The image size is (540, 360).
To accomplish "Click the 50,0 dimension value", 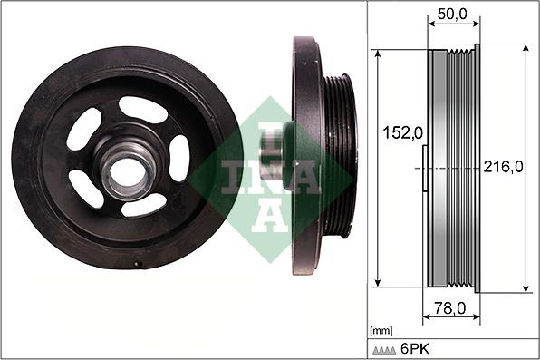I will tap(449, 15).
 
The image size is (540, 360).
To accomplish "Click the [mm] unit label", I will tap(382, 331).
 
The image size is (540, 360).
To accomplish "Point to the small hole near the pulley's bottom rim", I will tap(137, 265).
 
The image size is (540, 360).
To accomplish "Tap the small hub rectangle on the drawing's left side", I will tap(426, 169).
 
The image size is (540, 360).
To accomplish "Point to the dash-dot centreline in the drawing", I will tap(453, 169).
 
